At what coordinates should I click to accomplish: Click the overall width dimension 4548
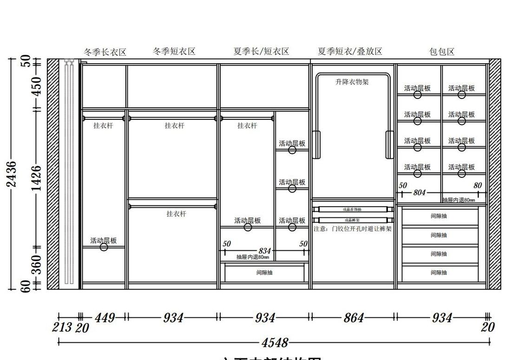point(275,343)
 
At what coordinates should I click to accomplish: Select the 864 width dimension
point(354,318)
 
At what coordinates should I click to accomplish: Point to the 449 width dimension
point(105,318)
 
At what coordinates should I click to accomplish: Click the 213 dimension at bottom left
point(62,327)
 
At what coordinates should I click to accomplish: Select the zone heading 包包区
point(442,52)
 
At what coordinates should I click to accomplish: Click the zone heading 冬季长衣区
point(105,52)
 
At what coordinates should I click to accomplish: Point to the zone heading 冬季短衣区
point(174,51)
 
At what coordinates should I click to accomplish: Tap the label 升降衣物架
point(352,82)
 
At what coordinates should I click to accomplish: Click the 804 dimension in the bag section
point(419,192)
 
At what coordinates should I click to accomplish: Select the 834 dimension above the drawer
point(264,251)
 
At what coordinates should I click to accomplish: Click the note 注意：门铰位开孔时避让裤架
point(352,229)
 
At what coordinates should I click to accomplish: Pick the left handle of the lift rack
point(316,144)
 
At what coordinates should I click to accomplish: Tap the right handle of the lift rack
point(390,144)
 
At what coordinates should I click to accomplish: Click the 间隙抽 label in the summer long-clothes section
point(264,273)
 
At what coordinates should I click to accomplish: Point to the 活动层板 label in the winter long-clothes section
point(104,241)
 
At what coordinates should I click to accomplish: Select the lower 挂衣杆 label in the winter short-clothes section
point(176,214)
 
